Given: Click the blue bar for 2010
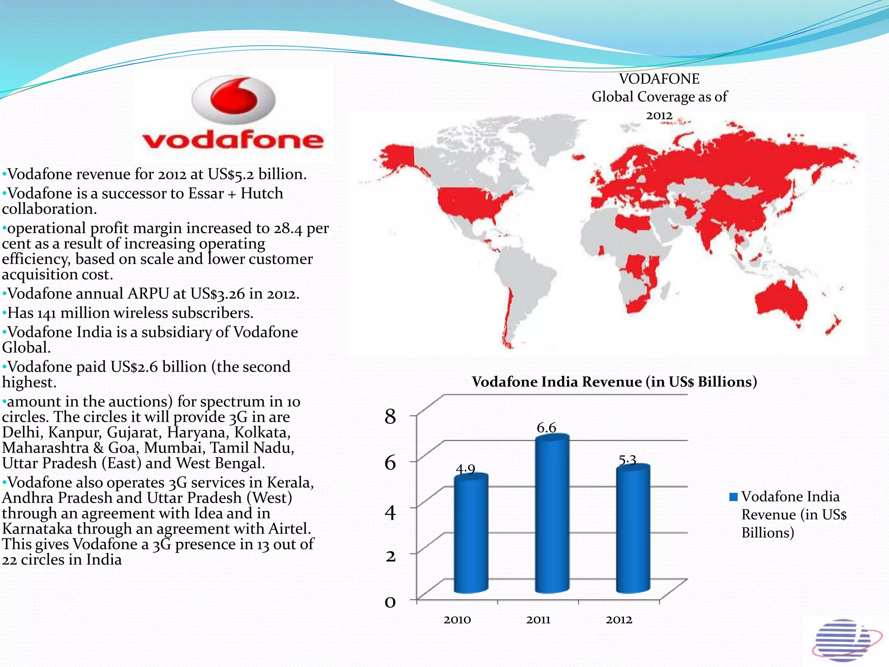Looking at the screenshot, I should [x=471, y=534].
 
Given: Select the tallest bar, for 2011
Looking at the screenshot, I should [x=552, y=515].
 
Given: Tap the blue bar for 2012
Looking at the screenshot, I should [x=633, y=530].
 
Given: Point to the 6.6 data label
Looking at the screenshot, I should [x=546, y=428].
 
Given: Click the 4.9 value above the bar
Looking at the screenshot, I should [x=465, y=469].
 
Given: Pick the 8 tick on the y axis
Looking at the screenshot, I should [x=390, y=417].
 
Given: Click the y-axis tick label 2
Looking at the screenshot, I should [x=391, y=556].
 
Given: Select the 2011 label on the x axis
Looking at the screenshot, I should [x=538, y=620].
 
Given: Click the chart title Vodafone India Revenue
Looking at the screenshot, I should [x=614, y=382].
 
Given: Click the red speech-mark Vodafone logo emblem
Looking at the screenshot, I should [x=234, y=99].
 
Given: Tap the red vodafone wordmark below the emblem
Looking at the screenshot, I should [x=233, y=140].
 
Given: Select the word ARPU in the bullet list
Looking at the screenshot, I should [x=148, y=294].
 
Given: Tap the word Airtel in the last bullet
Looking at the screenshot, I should [x=289, y=528].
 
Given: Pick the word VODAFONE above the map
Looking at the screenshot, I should [x=659, y=79].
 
